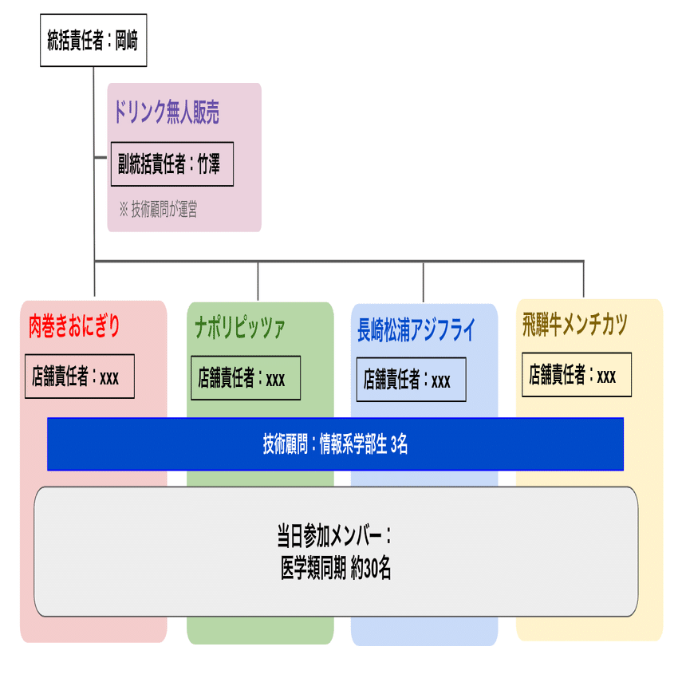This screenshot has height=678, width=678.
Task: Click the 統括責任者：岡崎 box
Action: (93, 40)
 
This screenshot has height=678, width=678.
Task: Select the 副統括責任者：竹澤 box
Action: (172, 164)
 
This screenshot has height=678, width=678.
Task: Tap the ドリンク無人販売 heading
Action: (167, 112)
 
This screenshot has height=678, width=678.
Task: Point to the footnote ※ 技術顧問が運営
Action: (158, 209)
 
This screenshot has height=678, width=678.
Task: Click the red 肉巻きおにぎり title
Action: (74, 326)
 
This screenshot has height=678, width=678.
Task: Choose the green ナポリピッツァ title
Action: (239, 327)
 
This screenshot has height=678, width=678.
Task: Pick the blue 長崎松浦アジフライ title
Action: (416, 330)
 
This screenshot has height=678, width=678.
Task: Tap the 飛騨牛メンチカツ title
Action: (574, 325)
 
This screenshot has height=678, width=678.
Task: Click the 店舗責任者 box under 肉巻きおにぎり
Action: (80, 376)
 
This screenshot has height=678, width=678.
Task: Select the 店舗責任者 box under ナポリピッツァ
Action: (246, 378)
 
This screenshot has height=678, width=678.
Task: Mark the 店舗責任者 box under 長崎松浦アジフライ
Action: (412, 380)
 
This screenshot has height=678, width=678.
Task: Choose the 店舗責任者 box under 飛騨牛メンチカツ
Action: (577, 374)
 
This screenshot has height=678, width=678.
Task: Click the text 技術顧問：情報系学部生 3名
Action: (336, 444)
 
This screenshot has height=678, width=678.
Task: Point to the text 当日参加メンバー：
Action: (334, 536)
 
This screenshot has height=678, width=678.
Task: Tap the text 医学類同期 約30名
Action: (336, 568)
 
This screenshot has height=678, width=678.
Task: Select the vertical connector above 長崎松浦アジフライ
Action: (424, 282)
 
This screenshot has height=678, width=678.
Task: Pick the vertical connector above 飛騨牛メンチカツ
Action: (583, 279)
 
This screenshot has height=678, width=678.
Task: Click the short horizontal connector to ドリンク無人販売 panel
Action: (101, 157)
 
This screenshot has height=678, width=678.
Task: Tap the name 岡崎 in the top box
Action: (127, 41)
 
